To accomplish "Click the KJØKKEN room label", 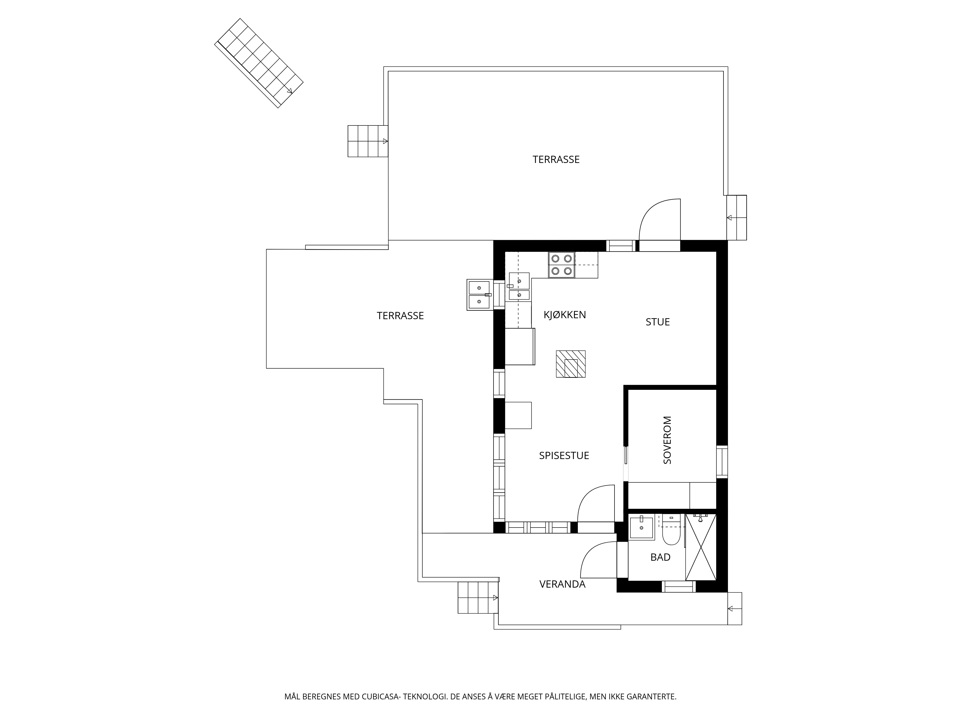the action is coord(565,315).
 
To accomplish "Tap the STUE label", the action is coord(658,322).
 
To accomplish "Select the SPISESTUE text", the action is coord(564,455).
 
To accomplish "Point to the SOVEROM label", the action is coord(667,440).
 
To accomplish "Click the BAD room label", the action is coord(660,557).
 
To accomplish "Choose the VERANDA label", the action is coord(563,584).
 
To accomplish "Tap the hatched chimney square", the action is coord(570,364).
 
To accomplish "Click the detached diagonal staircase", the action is coord(259,63).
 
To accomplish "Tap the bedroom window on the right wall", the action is coord(722,461).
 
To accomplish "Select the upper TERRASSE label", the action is coord(556,160).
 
